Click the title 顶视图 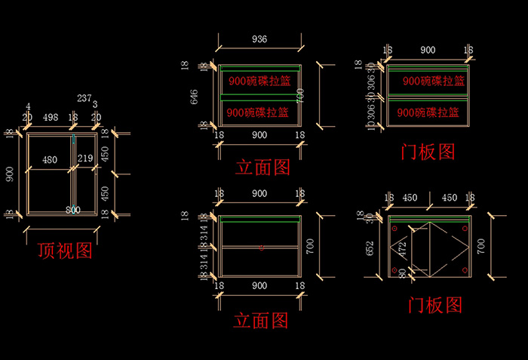pos(65,251)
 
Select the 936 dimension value pos(259,39)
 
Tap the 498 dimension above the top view pos(51,117)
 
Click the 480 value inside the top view pos(50,160)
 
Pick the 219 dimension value pos(84,160)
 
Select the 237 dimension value pos(84,98)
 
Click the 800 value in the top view pos(73,209)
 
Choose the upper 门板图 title pos(428,151)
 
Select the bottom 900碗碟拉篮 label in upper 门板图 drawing pos(427,112)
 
